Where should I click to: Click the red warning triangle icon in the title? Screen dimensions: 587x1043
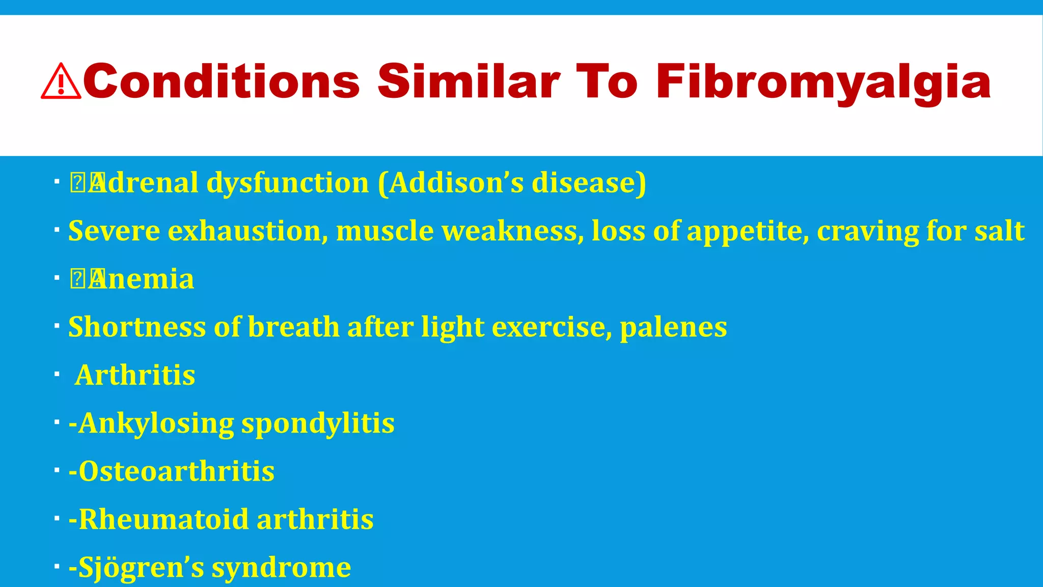click(61, 82)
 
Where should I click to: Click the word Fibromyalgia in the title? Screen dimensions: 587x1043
click(823, 82)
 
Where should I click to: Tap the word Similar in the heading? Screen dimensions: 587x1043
click(469, 82)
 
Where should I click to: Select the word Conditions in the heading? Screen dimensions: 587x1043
click(222, 82)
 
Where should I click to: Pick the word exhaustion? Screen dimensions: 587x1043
click(248, 231)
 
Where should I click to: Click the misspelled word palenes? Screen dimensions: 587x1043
click(673, 327)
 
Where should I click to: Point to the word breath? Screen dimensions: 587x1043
click(293, 327)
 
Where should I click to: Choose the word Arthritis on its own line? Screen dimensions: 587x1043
click(135, 375)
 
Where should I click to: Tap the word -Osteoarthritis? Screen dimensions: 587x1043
click(172, 471)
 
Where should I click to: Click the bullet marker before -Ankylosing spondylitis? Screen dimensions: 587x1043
click(57, 421)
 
